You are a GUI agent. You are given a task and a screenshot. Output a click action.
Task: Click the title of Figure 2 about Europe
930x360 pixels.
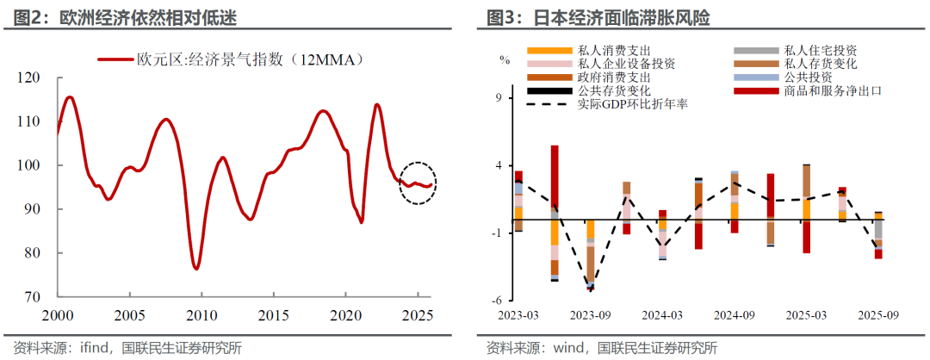click(x=121, y=16)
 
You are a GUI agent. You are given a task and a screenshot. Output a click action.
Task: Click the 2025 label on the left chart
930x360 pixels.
click(x=418, y=315)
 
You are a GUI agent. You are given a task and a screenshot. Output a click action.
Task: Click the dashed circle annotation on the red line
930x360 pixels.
click(x=418, y=183)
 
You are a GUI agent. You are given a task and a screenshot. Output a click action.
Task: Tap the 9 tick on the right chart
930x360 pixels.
click(x=497, y=98)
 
